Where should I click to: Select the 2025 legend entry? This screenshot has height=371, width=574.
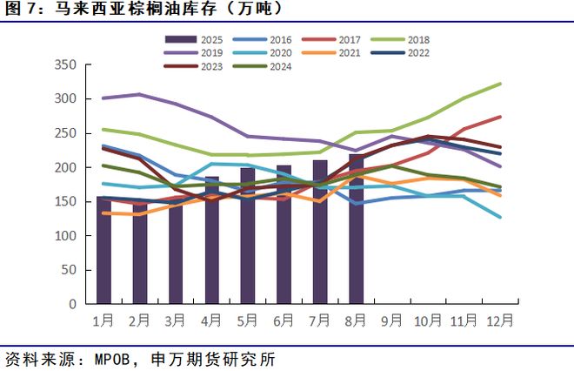199,39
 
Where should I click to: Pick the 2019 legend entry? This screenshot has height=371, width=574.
199,52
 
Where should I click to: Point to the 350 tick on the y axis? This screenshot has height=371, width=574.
67,64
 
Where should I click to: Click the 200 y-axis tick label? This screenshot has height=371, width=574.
67,167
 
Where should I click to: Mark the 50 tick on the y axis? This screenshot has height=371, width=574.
70,270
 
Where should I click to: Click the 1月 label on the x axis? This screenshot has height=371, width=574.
103,320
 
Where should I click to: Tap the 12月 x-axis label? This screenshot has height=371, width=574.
498,320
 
